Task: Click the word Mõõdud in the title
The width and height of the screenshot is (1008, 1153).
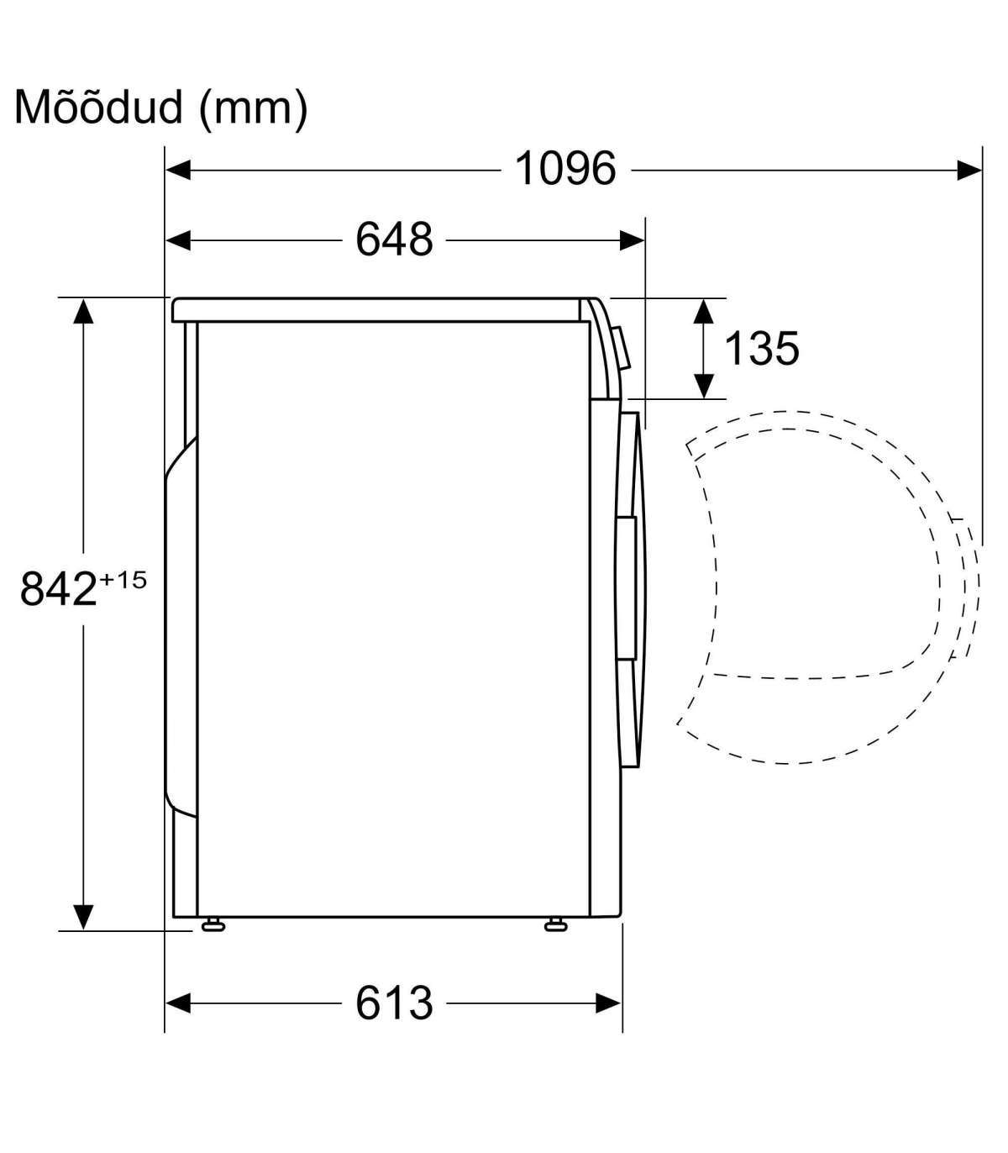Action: click(x=98, y=107)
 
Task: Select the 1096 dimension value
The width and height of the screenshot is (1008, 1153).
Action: click(x=565, y=168)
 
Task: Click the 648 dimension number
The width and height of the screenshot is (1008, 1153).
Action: click(x=394, y=239)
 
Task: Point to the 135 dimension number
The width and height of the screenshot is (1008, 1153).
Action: click(x=761, y=348)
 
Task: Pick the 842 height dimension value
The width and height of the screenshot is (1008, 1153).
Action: click(x=59, y=589)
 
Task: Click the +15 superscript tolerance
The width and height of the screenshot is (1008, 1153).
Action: click(x=123, y=580)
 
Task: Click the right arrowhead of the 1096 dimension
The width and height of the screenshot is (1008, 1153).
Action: click(x=969, y=170)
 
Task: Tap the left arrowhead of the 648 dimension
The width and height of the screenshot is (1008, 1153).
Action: click(x=178, y=240)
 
